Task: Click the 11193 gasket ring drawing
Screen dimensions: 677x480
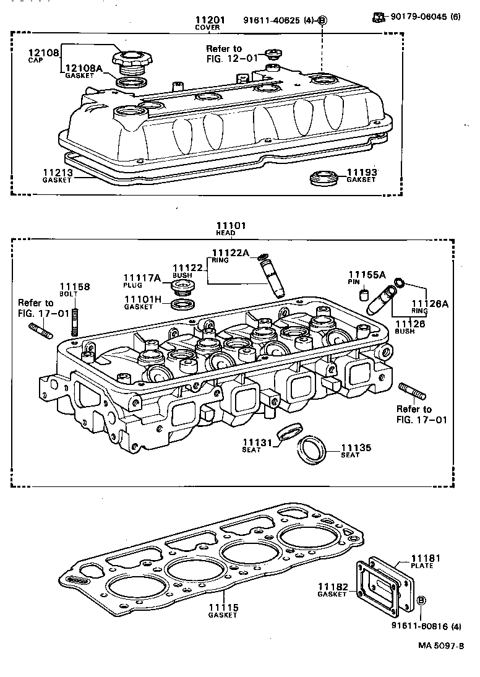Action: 323,177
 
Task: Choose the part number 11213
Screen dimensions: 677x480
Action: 57,172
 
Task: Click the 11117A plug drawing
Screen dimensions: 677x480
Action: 181,287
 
